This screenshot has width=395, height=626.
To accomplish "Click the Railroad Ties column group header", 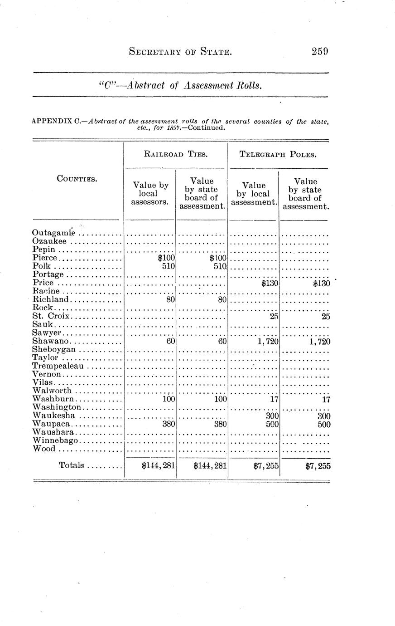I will coord(176,154).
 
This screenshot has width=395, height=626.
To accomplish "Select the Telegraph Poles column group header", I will coord(278,154).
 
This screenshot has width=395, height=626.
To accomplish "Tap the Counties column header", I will coord(77,179).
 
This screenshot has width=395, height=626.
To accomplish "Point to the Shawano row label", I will coord(51,341).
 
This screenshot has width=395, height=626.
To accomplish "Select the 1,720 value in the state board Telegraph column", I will coord(320,342).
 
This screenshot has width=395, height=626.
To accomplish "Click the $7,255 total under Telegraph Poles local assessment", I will coord(266,465).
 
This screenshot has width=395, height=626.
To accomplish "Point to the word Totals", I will coord(72,465).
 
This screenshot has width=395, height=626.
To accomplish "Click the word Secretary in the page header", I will coord(155,52).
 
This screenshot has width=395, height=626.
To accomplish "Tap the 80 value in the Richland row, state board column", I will coord(222,300).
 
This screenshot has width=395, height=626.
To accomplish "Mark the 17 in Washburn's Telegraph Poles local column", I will coord(274,400).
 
